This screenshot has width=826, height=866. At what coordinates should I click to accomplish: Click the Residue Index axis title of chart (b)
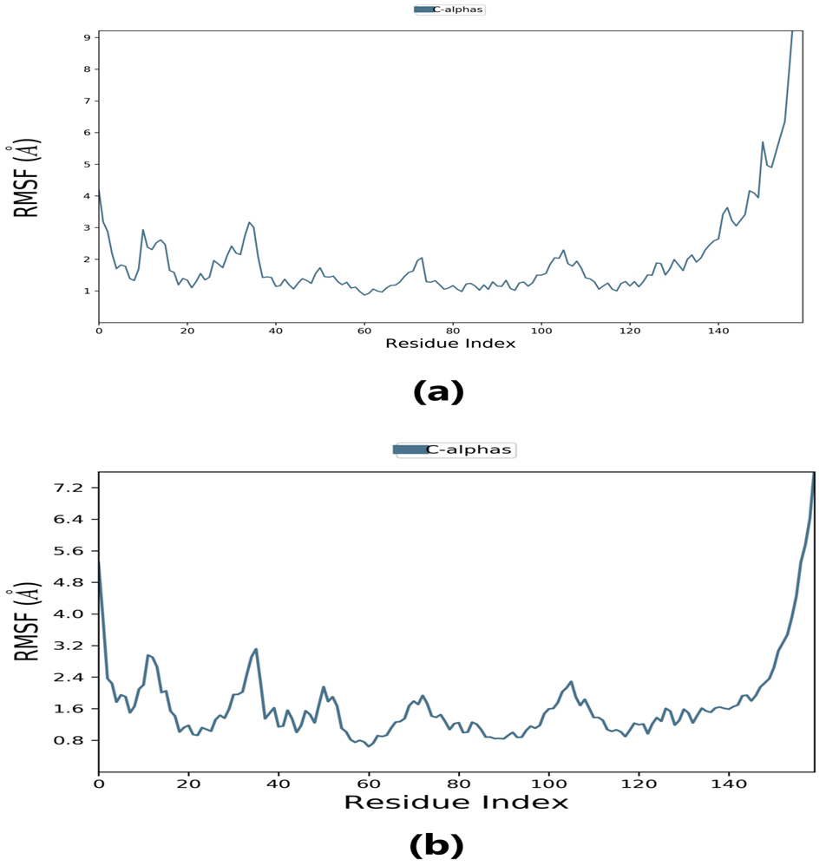456,801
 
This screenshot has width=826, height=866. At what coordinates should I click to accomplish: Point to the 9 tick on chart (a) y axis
87,37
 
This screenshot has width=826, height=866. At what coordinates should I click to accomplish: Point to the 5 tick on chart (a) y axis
87,164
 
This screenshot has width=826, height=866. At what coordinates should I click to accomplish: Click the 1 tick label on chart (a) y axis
87,291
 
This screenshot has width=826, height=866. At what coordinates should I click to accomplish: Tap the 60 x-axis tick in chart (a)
364,330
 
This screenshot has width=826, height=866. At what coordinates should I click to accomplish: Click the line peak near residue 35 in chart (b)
256,649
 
